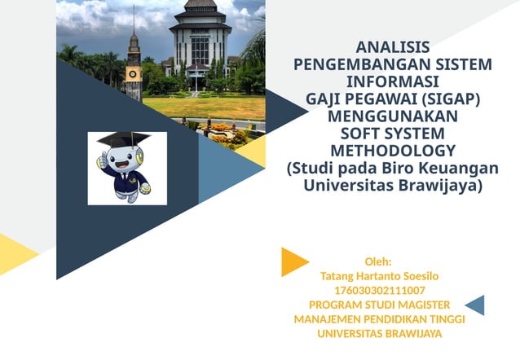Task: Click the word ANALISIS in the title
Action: (393, 47)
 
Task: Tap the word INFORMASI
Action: (393, 81)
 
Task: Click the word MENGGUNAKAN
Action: (393, 116)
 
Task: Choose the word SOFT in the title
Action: (362, 134)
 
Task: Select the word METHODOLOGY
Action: (393, 151)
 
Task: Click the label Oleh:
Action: (378, 261)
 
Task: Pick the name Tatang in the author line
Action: (338, 276)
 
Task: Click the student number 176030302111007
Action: (380, 290)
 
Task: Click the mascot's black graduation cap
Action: (122, 140)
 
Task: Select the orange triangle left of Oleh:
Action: (292, 261)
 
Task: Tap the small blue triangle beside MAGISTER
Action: (476, 305)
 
